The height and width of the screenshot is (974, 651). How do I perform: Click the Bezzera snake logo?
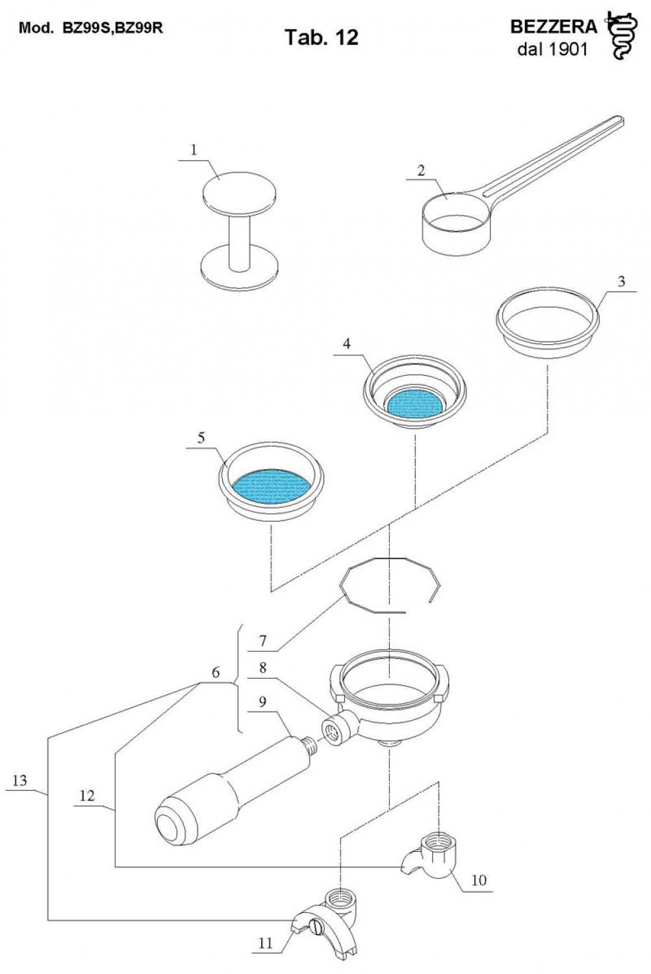622,36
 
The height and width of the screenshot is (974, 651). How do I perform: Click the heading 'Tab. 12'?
322,38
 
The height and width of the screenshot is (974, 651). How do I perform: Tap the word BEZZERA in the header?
554,27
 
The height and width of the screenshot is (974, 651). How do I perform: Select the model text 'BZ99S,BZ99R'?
112,29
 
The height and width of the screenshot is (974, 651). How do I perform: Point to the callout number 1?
194,150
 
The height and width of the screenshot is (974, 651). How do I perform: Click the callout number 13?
19,780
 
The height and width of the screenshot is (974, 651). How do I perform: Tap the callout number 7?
262,641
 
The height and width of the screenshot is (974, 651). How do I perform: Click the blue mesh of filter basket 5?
271,486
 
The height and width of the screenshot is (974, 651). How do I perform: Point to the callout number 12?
87,795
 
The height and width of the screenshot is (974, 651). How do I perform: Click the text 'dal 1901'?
552,49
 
